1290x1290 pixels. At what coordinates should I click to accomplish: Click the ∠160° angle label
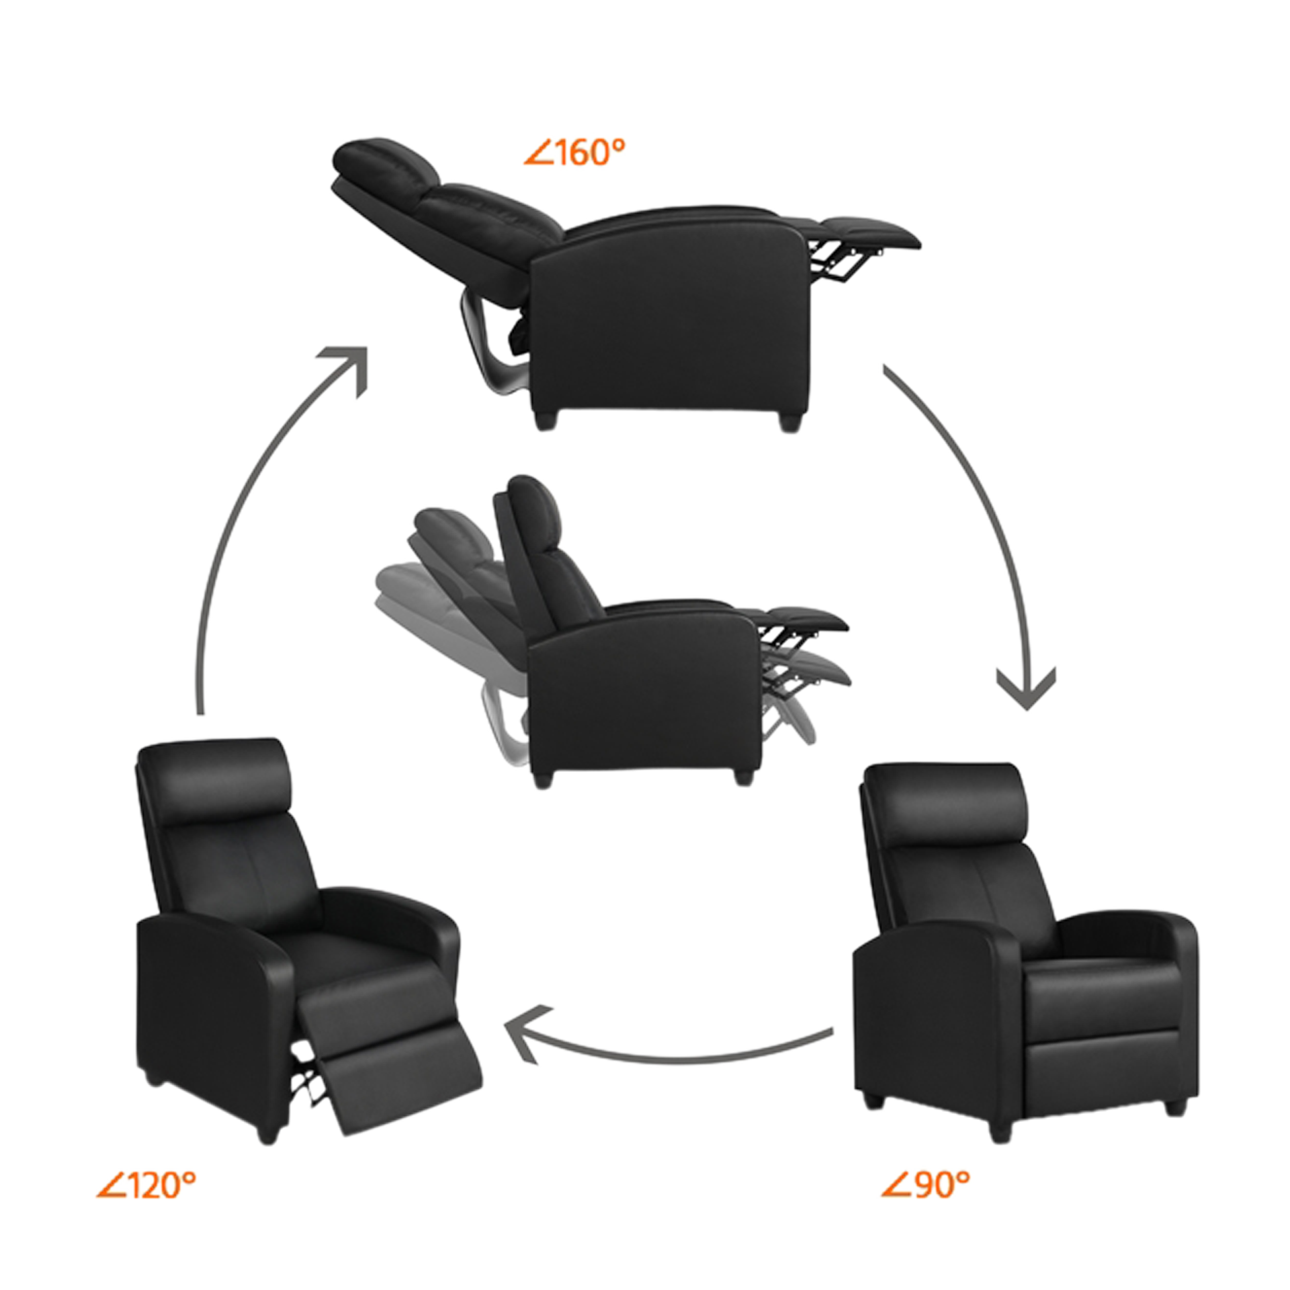coord(574,153)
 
